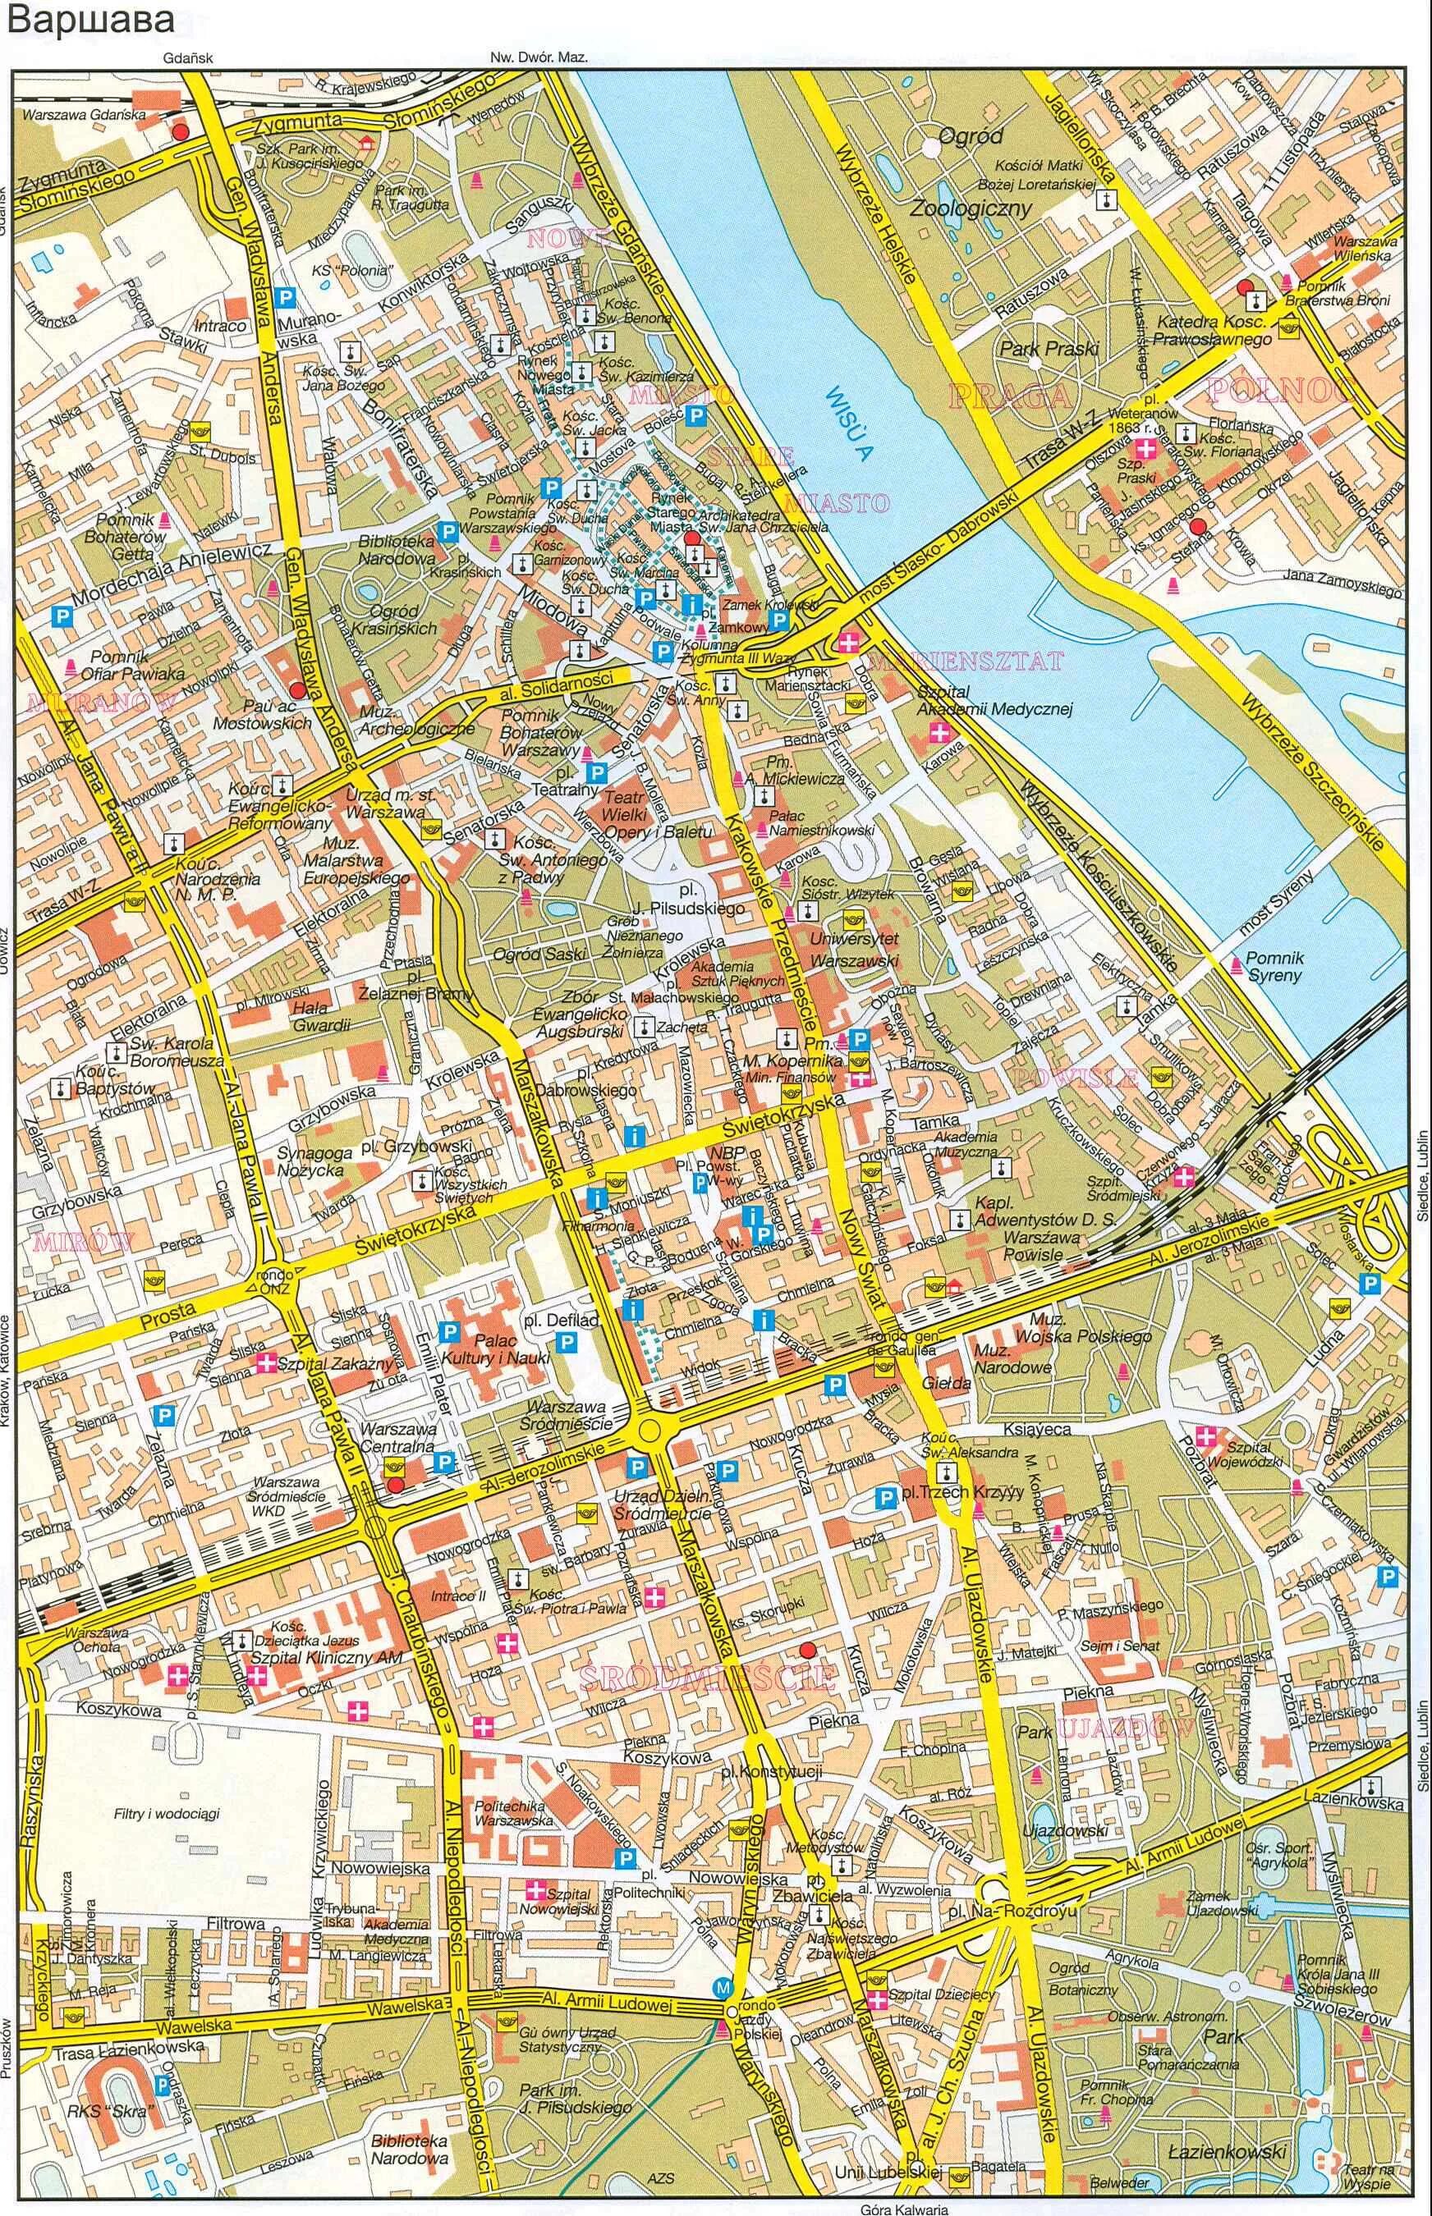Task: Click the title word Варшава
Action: [x=90, y=20]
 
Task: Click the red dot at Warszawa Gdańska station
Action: [x=181, y=132]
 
